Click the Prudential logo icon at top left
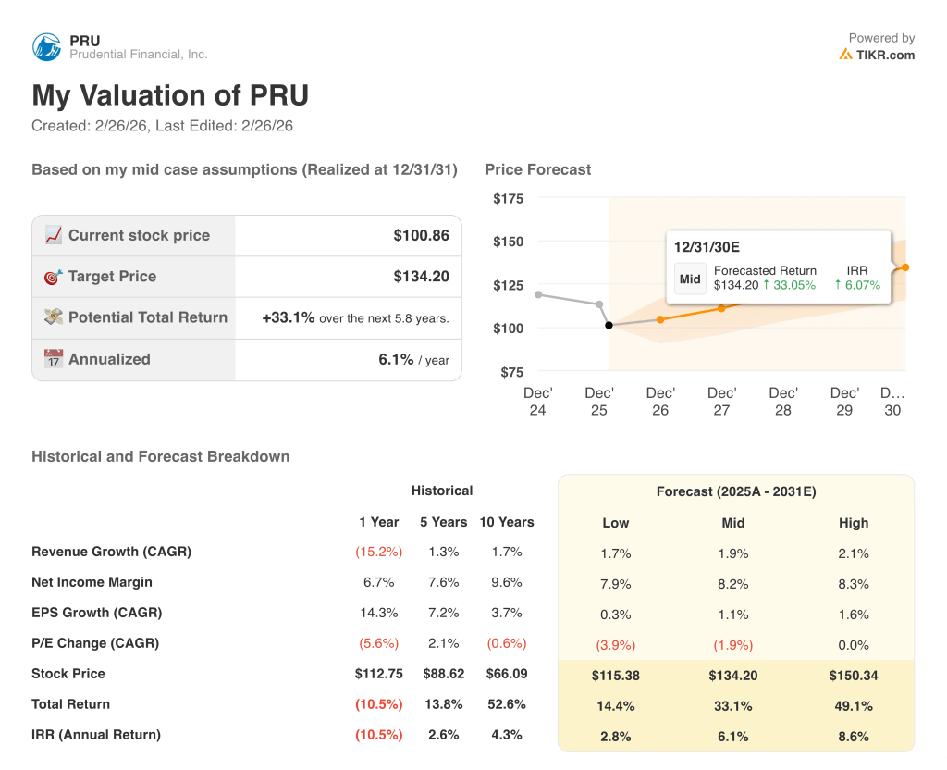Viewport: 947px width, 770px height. pos(47,47)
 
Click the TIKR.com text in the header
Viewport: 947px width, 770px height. pos(885,55)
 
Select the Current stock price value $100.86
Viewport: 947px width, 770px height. pos(421,235)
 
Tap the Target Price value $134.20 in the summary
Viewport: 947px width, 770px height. pos(421,276)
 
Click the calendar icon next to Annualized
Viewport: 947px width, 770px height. pos(54,359)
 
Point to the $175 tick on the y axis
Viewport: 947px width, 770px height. pos(508,198)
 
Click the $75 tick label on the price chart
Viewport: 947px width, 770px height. pos(511,372)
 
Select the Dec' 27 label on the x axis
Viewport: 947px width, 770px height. pos(721,402)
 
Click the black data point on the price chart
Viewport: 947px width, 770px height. pos(608,325)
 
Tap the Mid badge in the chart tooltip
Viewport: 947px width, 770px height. pos(690,279)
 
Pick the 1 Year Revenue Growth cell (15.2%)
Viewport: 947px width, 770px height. pos(378,552)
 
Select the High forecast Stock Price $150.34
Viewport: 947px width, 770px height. pos(853,676)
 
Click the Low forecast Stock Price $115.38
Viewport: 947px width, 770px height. pos(615,676)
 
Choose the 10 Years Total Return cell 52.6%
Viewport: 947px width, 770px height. pos(506,704)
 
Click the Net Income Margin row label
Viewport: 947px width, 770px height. pos(92,582)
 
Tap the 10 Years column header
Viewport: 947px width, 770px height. pos(506,522)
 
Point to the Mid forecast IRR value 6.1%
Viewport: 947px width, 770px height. pos(733,737)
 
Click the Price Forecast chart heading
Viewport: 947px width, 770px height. pos(537,169)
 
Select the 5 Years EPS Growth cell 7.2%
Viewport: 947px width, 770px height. pos(443,613)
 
